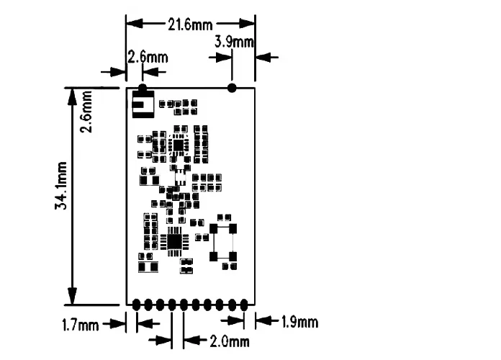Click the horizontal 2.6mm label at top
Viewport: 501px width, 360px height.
pos(147,57)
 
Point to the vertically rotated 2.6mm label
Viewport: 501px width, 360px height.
pos(86,111)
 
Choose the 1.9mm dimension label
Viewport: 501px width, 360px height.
pos(297,322)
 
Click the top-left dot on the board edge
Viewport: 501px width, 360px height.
pos(143,88)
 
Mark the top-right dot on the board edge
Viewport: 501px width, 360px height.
pos(232,88)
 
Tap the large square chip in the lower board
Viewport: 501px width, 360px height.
pos(174,240)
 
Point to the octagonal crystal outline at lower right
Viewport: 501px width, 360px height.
pos(223,243)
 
